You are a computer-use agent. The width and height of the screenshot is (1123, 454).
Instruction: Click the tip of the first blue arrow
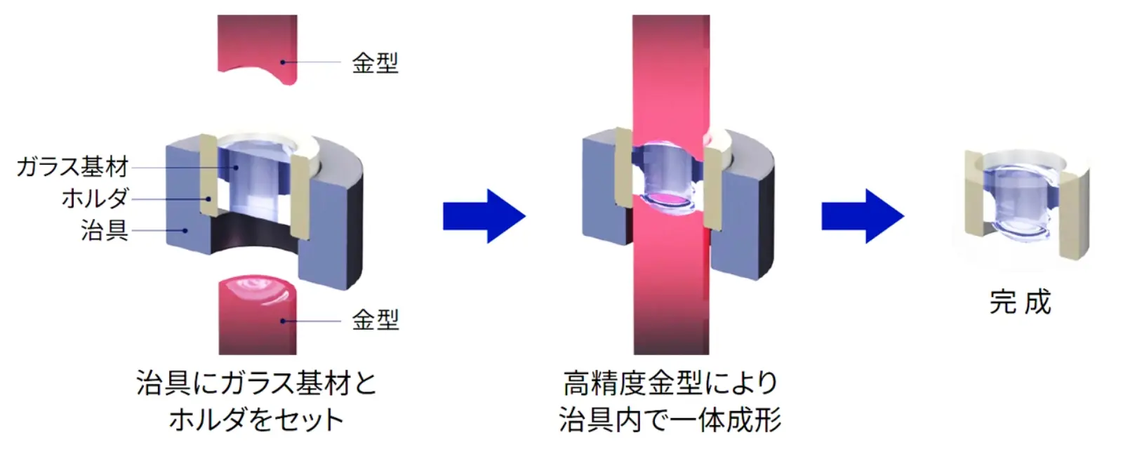[526, 217]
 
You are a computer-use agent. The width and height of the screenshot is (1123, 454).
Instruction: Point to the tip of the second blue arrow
[904, 217]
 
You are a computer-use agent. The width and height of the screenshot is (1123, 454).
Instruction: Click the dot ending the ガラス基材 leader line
[236, 168]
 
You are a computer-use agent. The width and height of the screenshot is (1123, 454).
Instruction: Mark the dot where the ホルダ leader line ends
[208, 199]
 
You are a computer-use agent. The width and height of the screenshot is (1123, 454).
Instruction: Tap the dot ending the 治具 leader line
[185, 230]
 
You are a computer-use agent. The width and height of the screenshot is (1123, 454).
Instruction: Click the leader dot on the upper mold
[283, 62]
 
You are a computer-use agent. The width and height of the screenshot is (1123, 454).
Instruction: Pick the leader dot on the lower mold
[283, 321]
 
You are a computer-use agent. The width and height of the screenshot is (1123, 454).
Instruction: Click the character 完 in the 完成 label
[1003, 302]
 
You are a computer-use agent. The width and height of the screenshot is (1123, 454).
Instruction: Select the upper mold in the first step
[257, 48]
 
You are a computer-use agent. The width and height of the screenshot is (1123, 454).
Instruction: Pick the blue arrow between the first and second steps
[484, 217]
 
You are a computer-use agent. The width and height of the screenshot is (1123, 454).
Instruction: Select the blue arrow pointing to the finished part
[863, 217]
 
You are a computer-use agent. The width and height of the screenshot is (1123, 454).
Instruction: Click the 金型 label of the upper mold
[375, 63]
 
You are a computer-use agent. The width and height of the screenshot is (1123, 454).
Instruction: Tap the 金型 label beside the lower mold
[375, 320]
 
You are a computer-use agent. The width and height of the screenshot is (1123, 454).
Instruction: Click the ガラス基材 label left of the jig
[73, 166]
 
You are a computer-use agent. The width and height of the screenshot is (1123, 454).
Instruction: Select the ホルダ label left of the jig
[95, 199]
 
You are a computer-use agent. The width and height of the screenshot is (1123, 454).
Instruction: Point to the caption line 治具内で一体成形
[670, 420]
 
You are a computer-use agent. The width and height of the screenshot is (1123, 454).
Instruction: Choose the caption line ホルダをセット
[256, 420]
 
